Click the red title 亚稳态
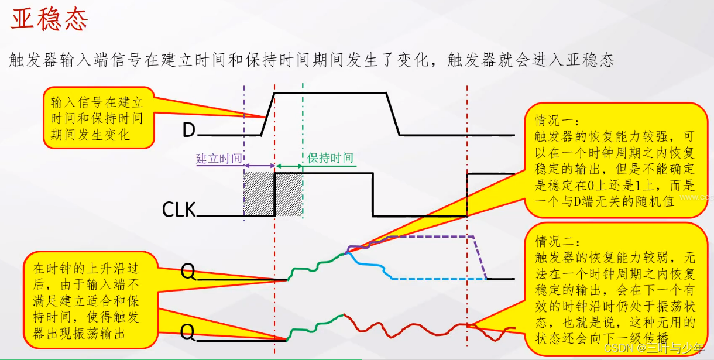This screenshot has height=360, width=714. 49,20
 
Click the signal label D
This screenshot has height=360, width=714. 188,130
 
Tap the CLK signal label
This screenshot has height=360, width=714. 179,209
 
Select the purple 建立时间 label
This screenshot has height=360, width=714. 218,159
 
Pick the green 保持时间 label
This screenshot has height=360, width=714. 330,158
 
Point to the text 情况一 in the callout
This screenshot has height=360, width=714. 557,121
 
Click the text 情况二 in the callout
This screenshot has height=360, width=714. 557,241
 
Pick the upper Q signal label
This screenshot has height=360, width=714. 188,272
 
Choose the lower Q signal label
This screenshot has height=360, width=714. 187,332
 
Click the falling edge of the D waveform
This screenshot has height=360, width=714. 393,114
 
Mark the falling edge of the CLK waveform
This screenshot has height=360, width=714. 373,194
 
